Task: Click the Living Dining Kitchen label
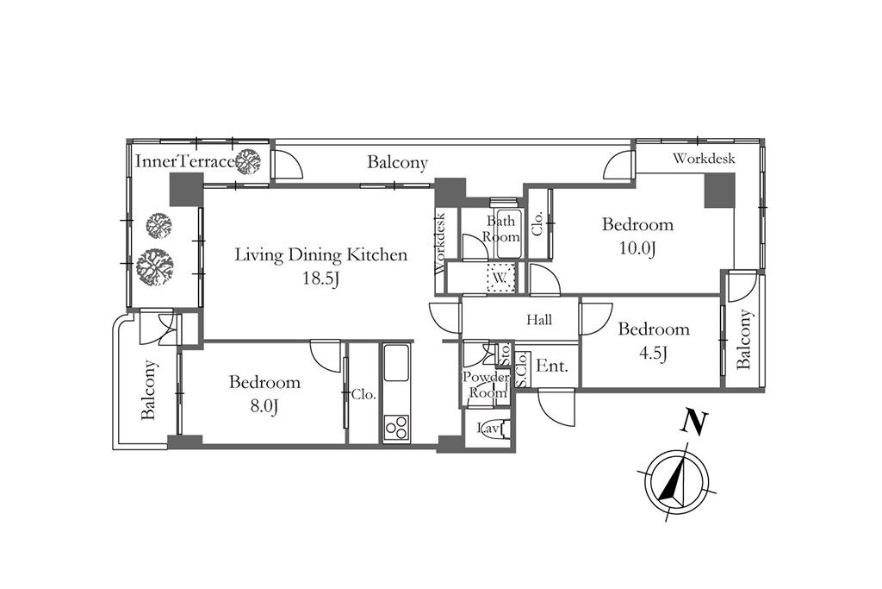[x=320, y=255]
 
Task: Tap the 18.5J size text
[x=320, y=279]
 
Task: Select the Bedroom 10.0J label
[x=637, y=236]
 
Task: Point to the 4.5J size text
[x=653, y=353]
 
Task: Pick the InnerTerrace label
[x=185, y=161]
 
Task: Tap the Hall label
[x=539, y=321]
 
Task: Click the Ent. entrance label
[x=552, y=366]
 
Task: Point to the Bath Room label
[x=500, y=229]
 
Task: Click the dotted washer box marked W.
[x=500, y=278]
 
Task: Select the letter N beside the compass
[x=694, y=423]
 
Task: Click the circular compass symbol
[x=677, y=483]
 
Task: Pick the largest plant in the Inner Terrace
[x=155, y=266]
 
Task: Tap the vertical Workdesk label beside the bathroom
[x=441, y=242]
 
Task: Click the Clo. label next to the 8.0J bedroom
[x=363, y=395]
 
